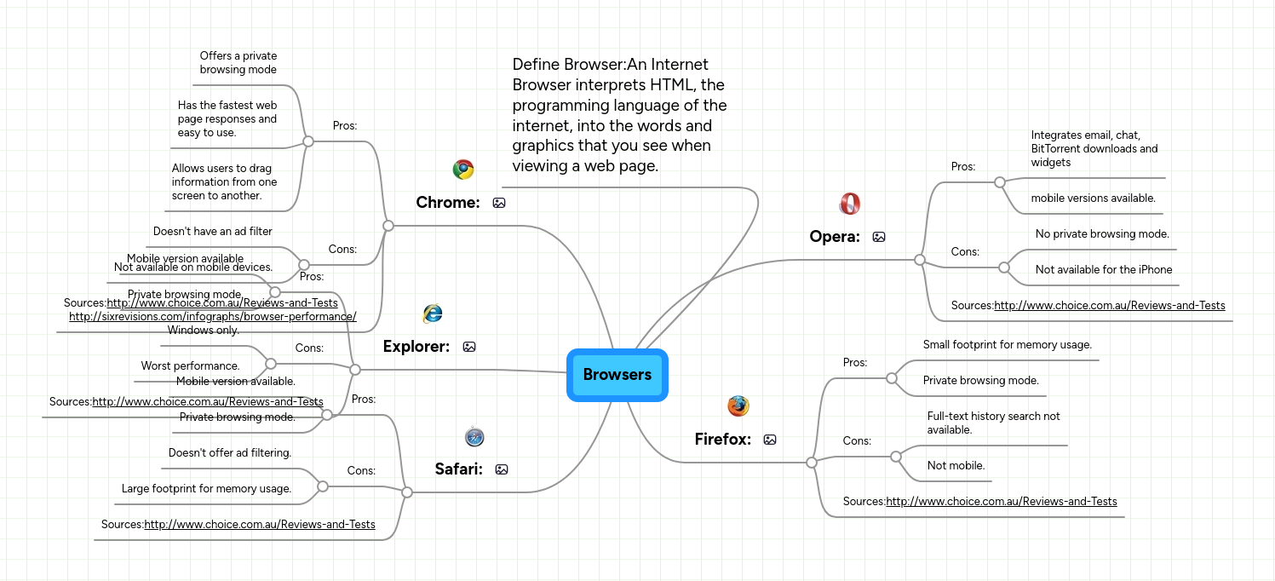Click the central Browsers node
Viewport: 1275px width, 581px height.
point(617,375)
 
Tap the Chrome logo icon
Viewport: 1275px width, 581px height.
point(463,170)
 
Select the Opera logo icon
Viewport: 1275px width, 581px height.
point(849,204)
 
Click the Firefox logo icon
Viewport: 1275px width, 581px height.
point(738,406)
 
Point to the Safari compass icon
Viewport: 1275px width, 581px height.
point(474,437)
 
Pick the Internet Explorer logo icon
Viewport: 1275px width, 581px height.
point(433,314)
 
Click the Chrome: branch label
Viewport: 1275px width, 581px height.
point(448,203)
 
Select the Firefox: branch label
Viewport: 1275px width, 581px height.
point(723,440)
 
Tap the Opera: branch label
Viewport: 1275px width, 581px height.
point(835,237)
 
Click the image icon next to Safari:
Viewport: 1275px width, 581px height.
point(502,469)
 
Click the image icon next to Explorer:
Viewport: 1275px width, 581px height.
point(469,347)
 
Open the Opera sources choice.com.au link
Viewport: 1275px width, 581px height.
point(1109,305)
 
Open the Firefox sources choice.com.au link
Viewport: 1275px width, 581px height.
point(1001,501)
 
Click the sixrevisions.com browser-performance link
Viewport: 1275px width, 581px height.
point(212,317)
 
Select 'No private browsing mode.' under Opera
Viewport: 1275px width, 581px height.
point(1102,233)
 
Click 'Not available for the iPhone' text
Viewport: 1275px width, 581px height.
point(1104,269)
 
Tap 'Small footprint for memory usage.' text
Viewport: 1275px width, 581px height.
point(1007,344)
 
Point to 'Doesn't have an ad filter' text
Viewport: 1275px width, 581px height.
point(212,231)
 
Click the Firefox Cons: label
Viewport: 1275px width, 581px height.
point(857,440)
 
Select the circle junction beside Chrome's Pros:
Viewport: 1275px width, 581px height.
point(308,141)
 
